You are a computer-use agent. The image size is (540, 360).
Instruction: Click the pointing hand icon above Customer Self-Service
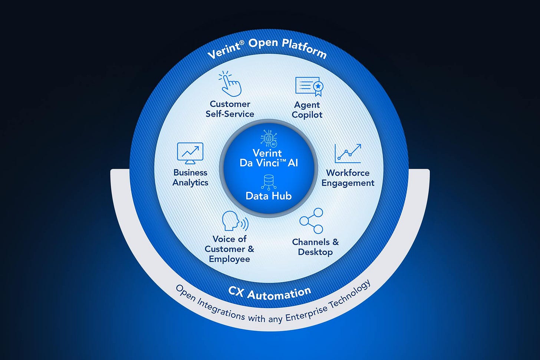pos(230,84)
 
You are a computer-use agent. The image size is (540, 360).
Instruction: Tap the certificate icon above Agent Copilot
pos(309,86)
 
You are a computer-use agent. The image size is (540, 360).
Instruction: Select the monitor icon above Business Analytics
pos(190,153)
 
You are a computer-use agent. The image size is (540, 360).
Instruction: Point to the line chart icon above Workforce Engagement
pos(348,153)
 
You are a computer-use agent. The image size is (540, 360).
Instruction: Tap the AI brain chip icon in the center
pos(269,138)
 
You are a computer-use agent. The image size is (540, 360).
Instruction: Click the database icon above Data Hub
pos(269,182)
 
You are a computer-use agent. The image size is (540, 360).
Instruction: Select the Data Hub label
pos(269,196)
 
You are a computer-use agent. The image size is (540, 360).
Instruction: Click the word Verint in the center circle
pos(267,153)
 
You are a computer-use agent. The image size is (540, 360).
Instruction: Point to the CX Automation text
pos(270,293)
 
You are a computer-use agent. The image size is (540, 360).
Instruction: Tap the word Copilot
pos(307,115)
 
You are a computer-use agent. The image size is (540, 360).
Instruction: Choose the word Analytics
pos(190,183)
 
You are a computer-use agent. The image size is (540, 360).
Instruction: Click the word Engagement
pos(348,183)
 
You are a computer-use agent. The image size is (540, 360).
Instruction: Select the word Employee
pos(229,259)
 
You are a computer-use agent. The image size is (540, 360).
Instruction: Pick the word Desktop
pos(315,252)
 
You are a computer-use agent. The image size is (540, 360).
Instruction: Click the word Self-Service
pos(230,114)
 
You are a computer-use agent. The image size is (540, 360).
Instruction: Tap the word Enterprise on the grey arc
pos(306,312)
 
